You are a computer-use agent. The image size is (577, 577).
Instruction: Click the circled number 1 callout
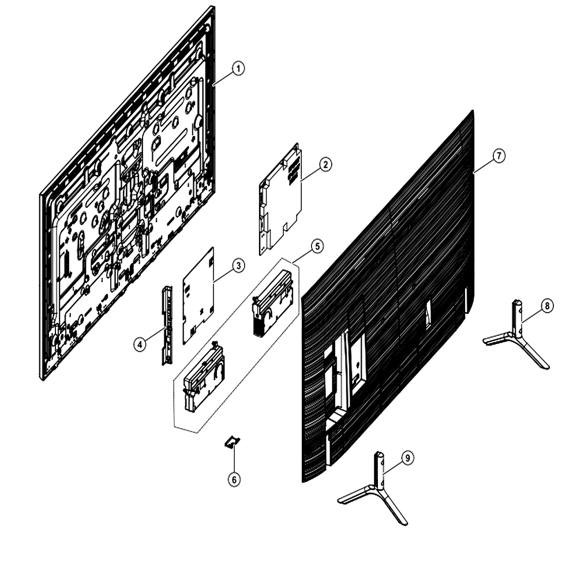[x=238, y=69]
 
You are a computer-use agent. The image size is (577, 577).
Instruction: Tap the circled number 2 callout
[x=325, y=164]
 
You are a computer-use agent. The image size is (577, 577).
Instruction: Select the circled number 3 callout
[x=238, y=265]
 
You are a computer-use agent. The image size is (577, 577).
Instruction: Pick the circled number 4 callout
[x=140, y=344]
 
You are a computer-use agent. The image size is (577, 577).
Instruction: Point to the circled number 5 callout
[x=317, y=246]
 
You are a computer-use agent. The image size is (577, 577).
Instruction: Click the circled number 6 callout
[x=234, y=479]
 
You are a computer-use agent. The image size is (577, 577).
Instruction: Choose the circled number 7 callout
[x=499, y=156]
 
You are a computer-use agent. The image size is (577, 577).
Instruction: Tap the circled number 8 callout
[x=547, y=306]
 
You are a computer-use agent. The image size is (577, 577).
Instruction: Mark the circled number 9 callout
[x=407, y=458]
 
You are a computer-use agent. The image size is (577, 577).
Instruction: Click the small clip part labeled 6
[x=232, y=441]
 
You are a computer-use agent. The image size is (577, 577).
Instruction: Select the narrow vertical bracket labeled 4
[x=167, y=324]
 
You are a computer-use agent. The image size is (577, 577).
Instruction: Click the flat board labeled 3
[x=198, y=295]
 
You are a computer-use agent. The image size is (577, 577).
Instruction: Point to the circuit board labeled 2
[x=281, y=198]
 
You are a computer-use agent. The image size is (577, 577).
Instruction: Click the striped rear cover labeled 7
[x=387, y=294]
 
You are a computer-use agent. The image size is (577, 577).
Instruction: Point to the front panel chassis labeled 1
[x=127, y=193]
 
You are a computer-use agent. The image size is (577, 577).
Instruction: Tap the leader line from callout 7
[x=483, y=166]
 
